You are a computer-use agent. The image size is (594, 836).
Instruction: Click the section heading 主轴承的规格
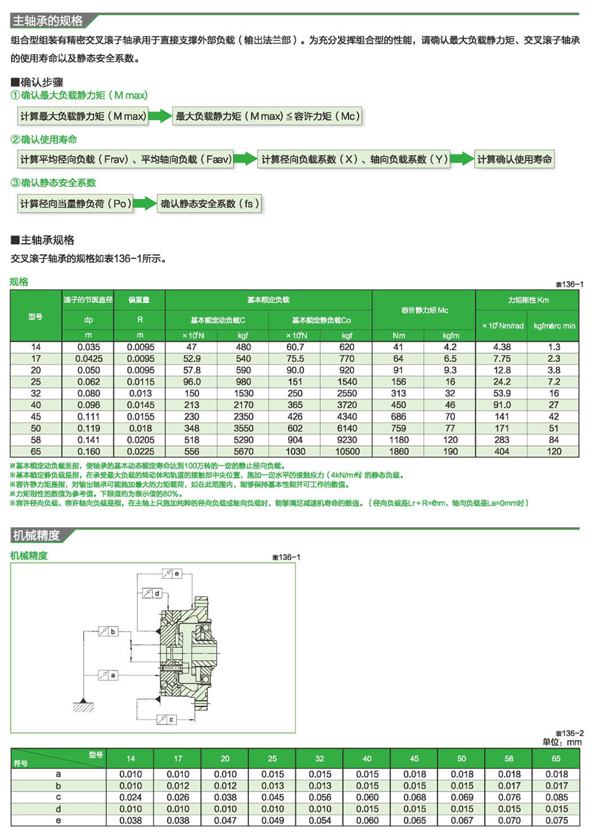pyautogui.click(x=48, y=21)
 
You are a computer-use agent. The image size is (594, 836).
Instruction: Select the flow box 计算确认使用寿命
pyautogui.click(x=514, y=159)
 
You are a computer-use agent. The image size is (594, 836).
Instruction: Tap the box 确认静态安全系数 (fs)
pyautogui.click(x=208, y=204)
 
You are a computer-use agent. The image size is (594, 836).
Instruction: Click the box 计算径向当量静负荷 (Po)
pyautogui.click(x=75, y=204)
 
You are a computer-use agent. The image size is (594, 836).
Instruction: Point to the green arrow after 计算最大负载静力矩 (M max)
pyautogui.click(x=160, y=116)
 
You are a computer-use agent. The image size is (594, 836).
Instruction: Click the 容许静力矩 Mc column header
pyautogui.click(x=424, y=310)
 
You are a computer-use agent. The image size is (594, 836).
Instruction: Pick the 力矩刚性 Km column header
pyautogui.click(x=527, y=300)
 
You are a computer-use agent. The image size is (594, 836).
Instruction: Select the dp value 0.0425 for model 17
pyautogui.click(x=89, y=359)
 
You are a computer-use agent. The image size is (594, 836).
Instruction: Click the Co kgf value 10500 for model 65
pyautogui.click(x=347, y=451)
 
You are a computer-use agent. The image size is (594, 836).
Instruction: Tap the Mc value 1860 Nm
pyautogui.click(x=399, y=451)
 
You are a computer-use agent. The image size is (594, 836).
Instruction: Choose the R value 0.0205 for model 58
pyautogui.click(x=140, y=440)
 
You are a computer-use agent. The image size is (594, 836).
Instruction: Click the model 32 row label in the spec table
pyautogui.click(x=36, y=393)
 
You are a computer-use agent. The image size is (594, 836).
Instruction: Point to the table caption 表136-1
pyautogui.click(x=569, y=284)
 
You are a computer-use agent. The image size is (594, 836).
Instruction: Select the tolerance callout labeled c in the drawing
pyautogui.click(x=166, y=719)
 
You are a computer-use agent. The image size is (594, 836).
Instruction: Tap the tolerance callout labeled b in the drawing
pyautogui.click(x=108, y=631)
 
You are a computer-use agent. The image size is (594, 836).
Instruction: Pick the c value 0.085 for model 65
pyautogui.click(x=556, y=797)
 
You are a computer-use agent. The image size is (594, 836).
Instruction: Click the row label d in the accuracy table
pyautogui.click(x=58, y=809)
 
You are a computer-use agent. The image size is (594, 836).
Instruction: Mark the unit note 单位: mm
pyautogui.click(x=561, y=742)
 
